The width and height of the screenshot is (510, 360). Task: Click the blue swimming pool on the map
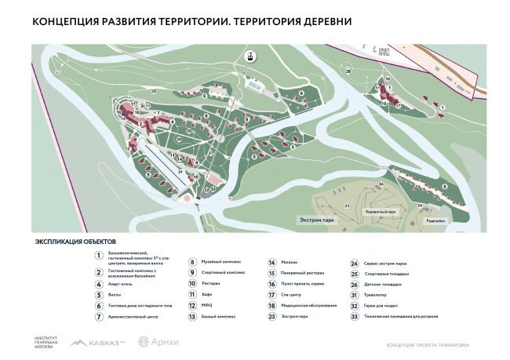pos(255,86)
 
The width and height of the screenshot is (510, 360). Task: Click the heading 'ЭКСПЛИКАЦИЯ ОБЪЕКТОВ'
pos(75,243)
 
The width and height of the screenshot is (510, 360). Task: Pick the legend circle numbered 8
pos(192,263)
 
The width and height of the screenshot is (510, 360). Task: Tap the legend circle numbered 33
pos(355,316)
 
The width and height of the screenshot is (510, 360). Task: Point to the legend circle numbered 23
pos(271,316)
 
